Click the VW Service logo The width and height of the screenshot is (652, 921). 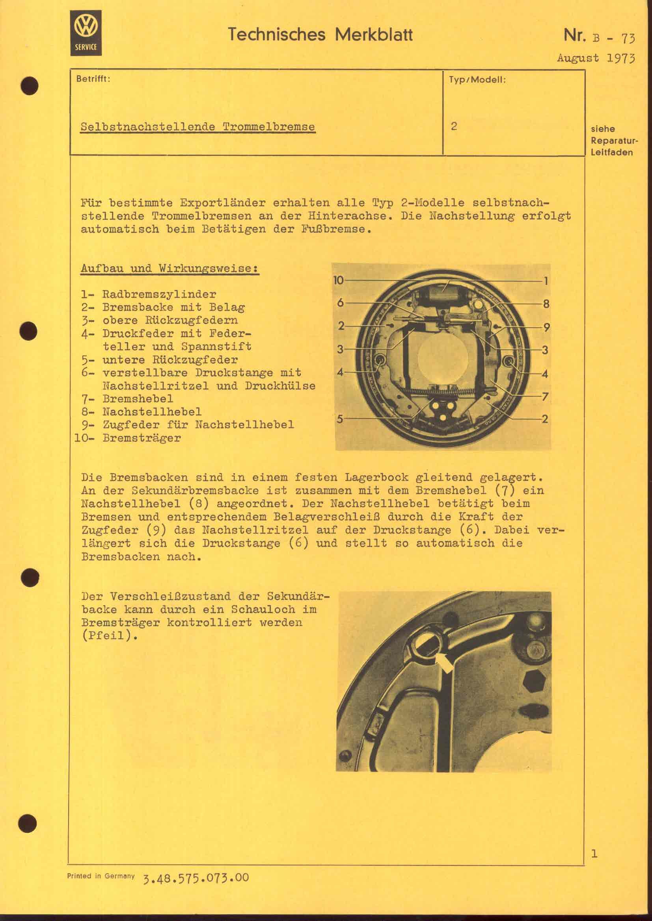pos(86,33)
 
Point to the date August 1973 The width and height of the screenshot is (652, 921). pos(596,58)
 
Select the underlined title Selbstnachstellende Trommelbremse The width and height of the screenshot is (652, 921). pos(197,127)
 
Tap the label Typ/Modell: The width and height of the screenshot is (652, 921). pos(477,80)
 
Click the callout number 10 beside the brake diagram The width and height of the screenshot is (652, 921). pos(339,280)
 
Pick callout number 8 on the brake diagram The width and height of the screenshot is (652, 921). pos(546,304)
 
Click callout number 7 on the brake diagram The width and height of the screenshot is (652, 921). pos(545,397)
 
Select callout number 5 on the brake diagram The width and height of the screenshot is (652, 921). pos(340,419)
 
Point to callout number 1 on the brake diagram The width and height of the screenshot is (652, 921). pos(546,281)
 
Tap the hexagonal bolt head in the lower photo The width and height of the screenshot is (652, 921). pos(536,681)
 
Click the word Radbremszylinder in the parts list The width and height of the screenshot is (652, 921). pos(159,294)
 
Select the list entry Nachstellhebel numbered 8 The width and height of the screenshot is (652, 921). pos(152,411)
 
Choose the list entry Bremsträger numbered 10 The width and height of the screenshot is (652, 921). pos(142,437)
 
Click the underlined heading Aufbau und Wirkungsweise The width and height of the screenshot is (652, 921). pos(170,269)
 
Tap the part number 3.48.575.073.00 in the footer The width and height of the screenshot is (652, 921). pos(196,878)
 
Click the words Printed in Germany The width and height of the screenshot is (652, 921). pos(101,876)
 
